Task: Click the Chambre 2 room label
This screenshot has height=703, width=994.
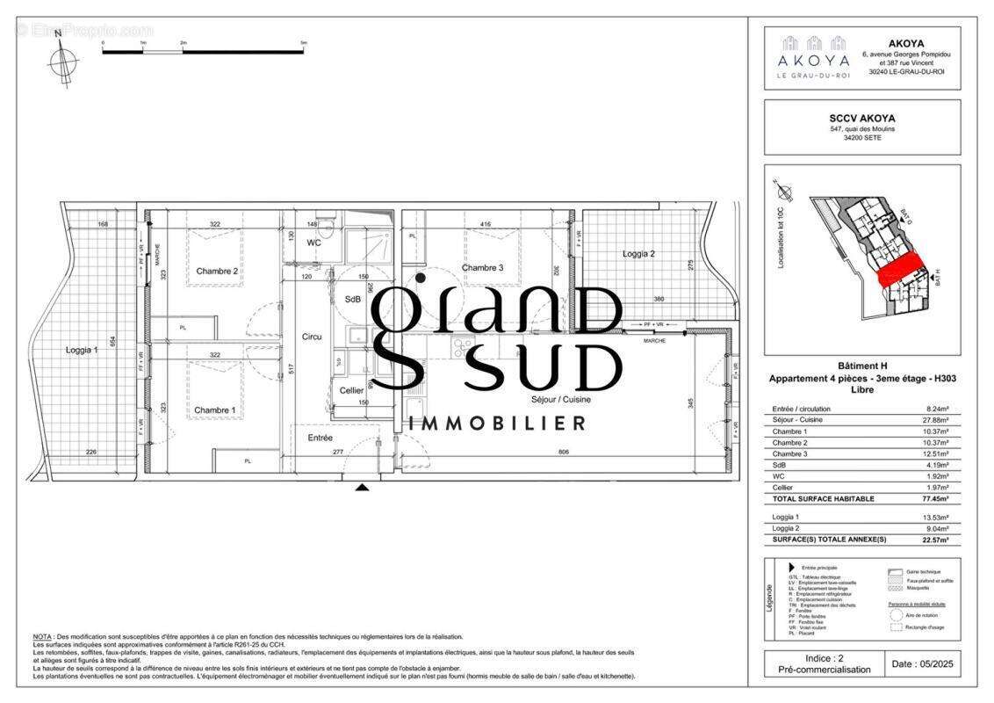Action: point(217,271)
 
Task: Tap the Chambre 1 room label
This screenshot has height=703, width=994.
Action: point(215,410)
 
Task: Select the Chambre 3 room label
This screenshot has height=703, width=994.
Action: point(483,268)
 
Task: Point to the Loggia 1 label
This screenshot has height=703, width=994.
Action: point(83,350)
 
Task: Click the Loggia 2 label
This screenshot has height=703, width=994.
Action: point(639,254)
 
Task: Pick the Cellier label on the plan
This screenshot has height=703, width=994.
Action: point(351,390)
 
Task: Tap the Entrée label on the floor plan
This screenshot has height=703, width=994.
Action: point(320,437)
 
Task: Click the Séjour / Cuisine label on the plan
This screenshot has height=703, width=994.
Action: point(561,399)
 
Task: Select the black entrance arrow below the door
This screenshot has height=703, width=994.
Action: point(362,486)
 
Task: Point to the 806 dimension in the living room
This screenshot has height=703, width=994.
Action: point(563,453)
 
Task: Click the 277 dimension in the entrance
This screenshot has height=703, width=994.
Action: point(337,453)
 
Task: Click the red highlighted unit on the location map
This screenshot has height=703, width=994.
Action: point(900,265)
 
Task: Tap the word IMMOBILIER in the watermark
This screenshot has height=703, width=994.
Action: point(498,424)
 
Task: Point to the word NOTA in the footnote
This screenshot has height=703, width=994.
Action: point(42,637)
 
